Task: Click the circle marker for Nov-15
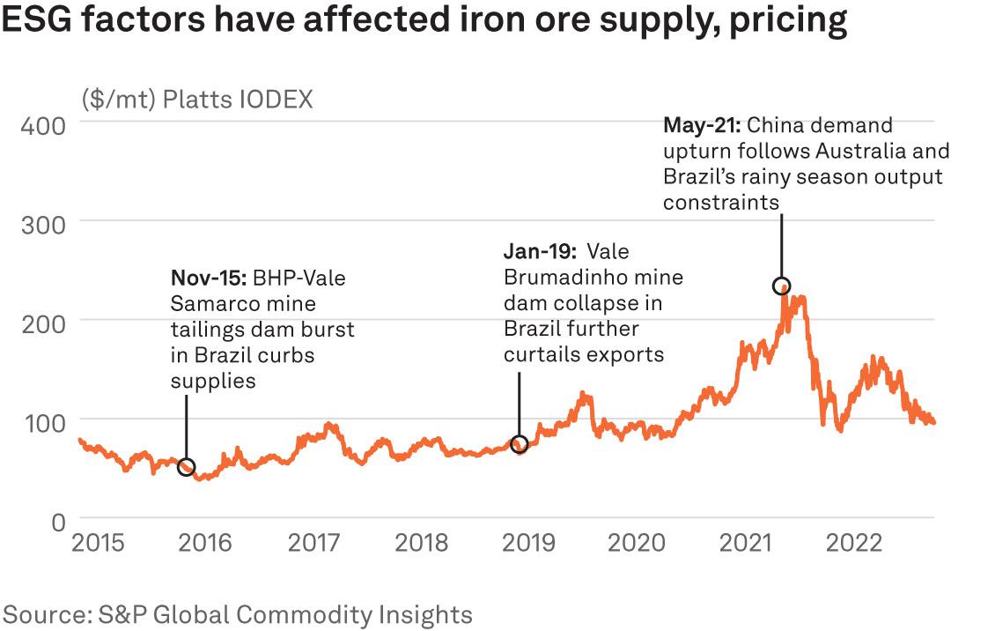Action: pos(186,467)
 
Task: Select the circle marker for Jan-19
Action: pos(520,444)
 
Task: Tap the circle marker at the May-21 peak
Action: pos(781,286)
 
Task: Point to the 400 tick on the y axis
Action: pos(42,126)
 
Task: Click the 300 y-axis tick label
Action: pos(42,224)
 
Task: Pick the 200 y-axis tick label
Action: pos(42,323)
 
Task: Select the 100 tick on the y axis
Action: pos(42,421)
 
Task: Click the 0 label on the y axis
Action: pos(57,521)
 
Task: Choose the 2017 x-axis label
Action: pos(313,542)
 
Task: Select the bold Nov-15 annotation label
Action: pos(209,278)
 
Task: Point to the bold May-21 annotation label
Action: pos(702,125)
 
